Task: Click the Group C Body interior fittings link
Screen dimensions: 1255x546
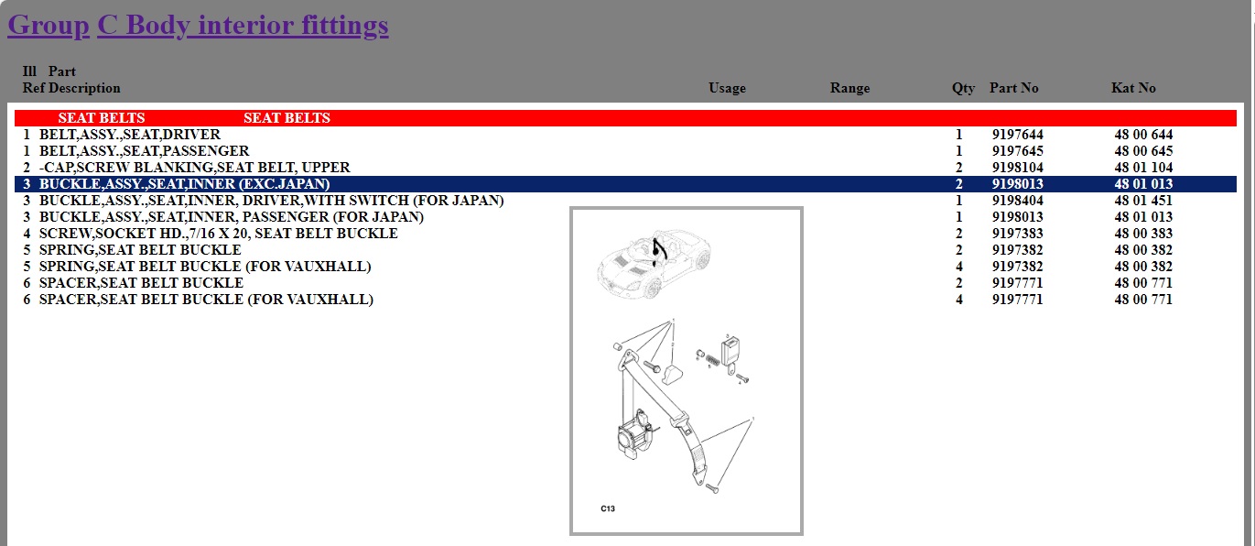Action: click(198, 26)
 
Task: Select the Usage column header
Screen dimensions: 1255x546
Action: click(727, 88)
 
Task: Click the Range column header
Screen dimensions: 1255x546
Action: click(849, 88)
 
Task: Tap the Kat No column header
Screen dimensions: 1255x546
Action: click(1133, 88)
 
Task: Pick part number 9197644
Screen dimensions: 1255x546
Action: click(1017, 135)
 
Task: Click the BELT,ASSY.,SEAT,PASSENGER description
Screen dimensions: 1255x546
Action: click(144, 151)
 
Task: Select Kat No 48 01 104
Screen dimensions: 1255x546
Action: click(1143, 168)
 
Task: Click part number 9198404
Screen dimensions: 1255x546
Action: click(1017, 201)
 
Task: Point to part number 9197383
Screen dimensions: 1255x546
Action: click(1017, 234)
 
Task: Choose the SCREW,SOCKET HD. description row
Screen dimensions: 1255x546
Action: click(219, 234)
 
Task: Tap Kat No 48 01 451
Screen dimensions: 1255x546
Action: click(1143, 201)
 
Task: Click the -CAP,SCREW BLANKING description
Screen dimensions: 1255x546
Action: click(194, 168)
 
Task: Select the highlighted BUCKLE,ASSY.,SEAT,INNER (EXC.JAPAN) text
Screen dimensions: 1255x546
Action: click(184, 184)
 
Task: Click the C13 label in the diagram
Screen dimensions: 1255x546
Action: click(608, 509)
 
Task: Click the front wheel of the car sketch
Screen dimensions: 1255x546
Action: click(652, 289)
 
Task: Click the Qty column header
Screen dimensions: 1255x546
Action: click(963, 89)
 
